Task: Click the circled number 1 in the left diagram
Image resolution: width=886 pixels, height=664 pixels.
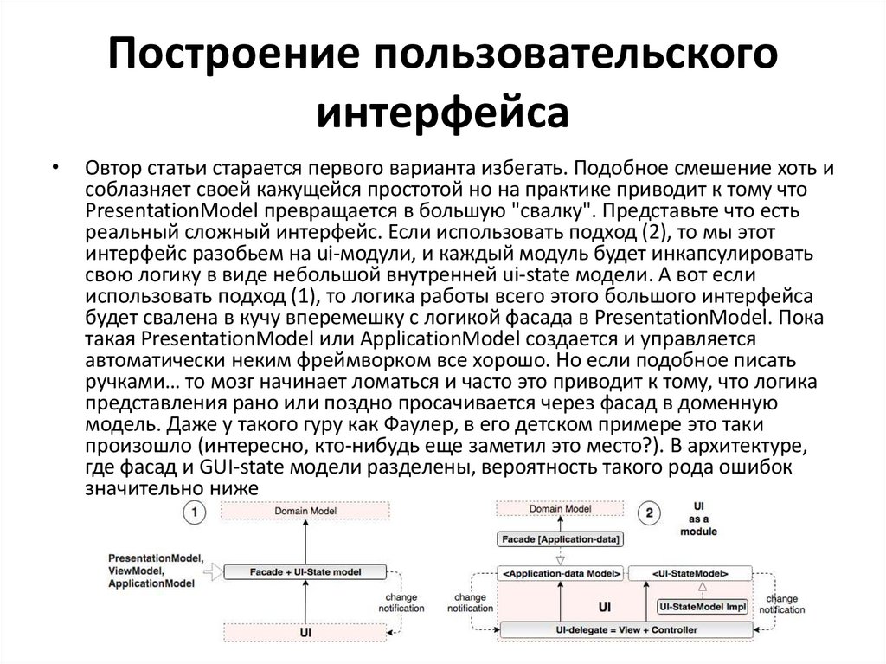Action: [x=196, y=513]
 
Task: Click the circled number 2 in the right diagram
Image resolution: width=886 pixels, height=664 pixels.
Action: [x=650, y=513]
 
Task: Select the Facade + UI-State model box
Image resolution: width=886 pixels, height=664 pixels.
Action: [x=305, y=572]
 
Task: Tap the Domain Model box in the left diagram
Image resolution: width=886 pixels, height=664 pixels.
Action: [x=305, y=512]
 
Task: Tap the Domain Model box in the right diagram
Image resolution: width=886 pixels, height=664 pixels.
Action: [x=560, y=510]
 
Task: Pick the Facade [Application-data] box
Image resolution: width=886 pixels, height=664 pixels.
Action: [x=561, y=539]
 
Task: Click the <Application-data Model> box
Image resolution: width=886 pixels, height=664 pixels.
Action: [x=561, y=572]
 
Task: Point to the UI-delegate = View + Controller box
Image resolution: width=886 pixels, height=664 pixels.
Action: [x=626, y=629]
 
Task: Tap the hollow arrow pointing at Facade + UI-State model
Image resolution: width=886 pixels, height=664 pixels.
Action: [x=212, y=571]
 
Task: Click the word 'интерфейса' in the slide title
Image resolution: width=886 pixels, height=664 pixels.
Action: [x=442, y=113]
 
